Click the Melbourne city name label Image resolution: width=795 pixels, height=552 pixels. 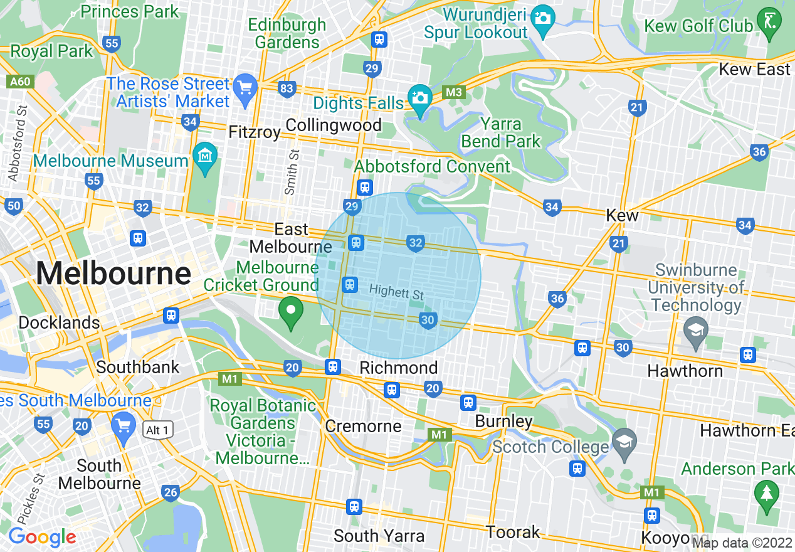tap(113, 274)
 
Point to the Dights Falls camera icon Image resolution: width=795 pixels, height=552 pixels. tap(419, 98)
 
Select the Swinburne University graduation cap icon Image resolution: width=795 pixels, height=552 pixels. tap(695, 329)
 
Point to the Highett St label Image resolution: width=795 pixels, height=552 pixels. tap(397, 292)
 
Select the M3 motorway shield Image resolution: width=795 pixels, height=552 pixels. tap(453, 93)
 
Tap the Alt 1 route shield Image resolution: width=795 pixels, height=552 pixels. tap(156, 430)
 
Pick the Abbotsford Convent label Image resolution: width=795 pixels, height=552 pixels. tap(433, 167)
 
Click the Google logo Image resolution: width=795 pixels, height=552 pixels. tap(42, 538)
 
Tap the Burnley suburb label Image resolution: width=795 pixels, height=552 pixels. tap(503, 421)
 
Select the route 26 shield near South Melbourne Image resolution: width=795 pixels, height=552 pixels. tap(170, 492)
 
